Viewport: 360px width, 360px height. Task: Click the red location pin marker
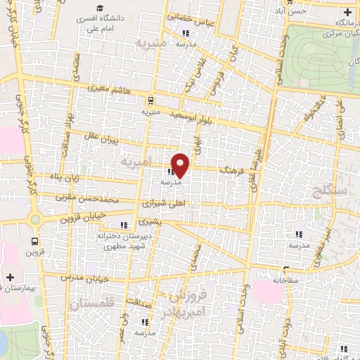(x=181, y=165)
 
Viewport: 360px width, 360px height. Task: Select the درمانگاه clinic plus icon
(x=347, y=13)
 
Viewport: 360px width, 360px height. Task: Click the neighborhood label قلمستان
(x=91, y=304)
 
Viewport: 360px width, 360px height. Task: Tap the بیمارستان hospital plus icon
(x=10, y=277)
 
